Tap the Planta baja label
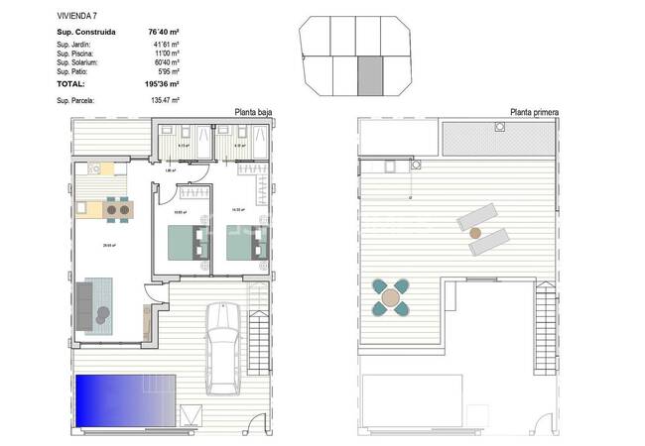[252, 113]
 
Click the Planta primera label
[534, 113]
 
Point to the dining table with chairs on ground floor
[118, 209]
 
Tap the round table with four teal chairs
[392, 295]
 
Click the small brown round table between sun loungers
[473, 232]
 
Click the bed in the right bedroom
[249, 240]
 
